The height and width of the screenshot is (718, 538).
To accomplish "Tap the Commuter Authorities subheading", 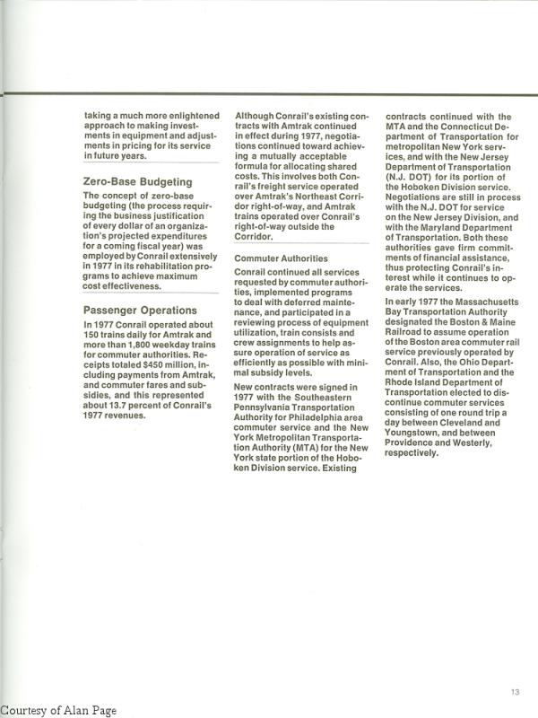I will click(281, 258).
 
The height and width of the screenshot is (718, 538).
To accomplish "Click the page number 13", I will click(515, 691).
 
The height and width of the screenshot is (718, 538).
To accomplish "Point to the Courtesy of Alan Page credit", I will click(58, 710).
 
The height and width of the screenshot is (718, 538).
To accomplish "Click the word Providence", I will click(416, 453).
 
